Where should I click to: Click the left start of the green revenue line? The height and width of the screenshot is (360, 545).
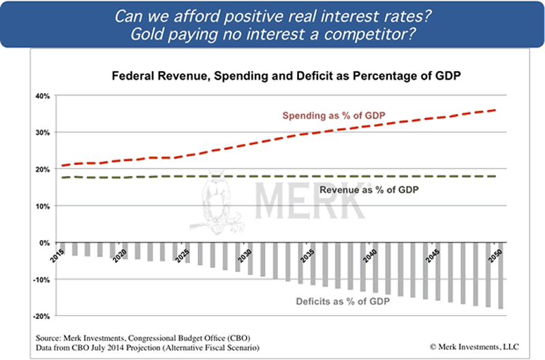coord(63,177)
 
